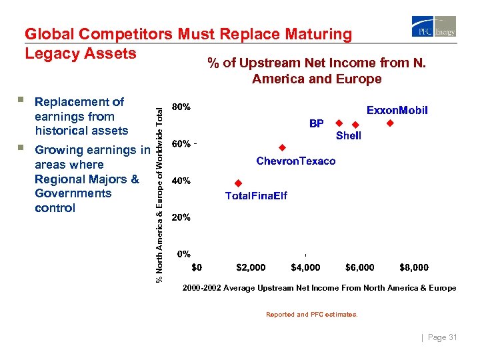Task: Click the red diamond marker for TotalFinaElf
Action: [x=237, y=183]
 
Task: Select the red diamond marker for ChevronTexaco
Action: [x=282, y=147]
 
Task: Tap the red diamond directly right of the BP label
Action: [x=339, y=123]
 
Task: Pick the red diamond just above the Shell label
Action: [x=355, y=125]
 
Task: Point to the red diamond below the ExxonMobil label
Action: [x=390, y=123]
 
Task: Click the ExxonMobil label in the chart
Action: [x=397, y=110]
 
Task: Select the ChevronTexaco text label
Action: [x=296, y=161]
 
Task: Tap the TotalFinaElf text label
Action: [x=256, y=196]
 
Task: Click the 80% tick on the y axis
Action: [x=181, y=107]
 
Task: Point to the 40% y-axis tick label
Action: [x=181, y=181]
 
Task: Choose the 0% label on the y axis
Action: [x=183, y=254]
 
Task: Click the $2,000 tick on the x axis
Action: [x=251, y=267]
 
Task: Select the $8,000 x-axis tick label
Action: [x=413, y=267]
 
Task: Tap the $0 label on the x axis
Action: [x=197, y=267]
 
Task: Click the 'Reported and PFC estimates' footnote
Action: [x=311, y=314]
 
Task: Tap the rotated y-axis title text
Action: [x=159, y=187]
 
